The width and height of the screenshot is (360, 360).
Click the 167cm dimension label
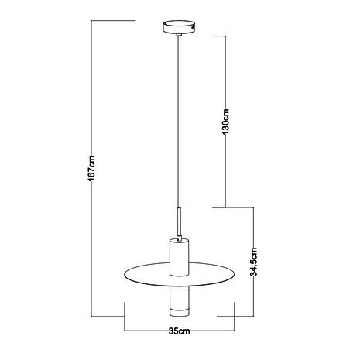pyautogui.click(x=91, y=169)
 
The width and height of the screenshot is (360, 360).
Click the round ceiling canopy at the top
pyautogui.click(x=180, y=26)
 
